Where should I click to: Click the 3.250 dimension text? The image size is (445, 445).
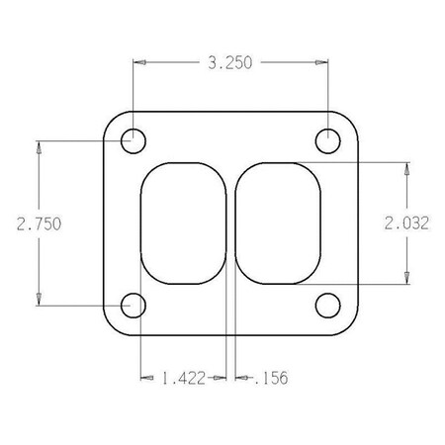229,62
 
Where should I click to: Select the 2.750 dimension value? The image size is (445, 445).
39,223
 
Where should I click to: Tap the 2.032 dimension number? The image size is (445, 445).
406,223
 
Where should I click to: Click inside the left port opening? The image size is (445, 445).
185,222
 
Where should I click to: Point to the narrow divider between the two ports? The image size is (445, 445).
232,222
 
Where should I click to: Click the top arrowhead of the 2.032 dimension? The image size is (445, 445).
406,168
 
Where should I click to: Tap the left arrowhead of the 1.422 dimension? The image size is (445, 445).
147,377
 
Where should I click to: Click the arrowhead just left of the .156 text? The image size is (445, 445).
243,377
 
